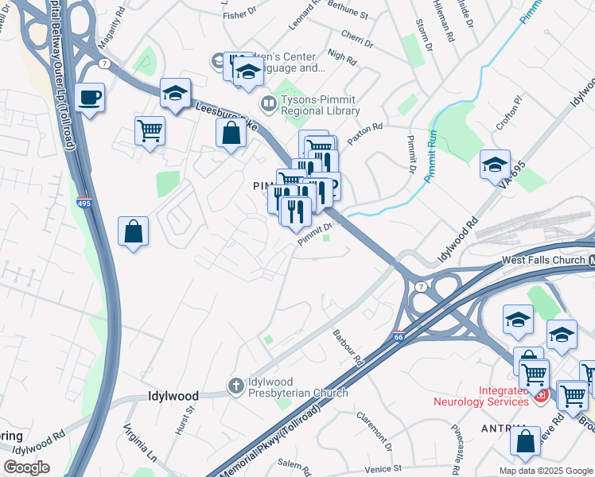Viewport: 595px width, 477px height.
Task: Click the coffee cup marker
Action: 90,98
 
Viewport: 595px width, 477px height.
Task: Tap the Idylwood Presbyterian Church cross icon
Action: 235,386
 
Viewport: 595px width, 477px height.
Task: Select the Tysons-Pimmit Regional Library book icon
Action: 268,104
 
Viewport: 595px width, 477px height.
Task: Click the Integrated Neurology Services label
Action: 480,396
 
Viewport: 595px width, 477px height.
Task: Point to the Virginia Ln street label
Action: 140,442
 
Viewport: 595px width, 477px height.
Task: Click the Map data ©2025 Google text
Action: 544,471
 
